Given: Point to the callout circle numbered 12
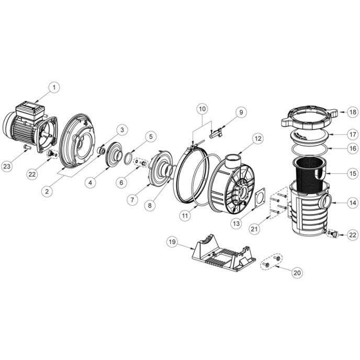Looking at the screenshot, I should pyautogui.click(x=257, y=139).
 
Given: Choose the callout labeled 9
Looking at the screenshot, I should pyautogui.click(x=241, y=112).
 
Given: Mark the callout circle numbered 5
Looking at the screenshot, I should pyautogui.click(x=150, y=137).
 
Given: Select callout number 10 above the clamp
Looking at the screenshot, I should pyautogui.click(x=203, y=109).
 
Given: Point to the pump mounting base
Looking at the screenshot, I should pyautogui.click(x=220, y=254).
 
